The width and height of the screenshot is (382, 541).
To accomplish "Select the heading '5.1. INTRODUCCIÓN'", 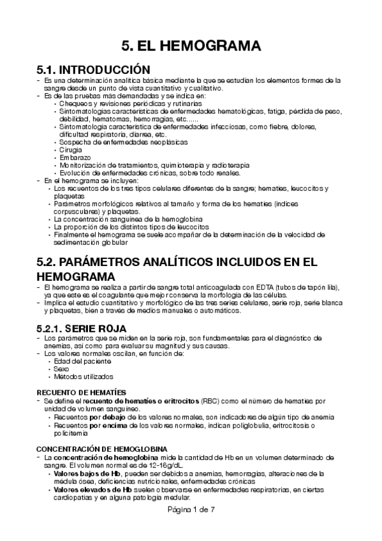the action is click(x=94, y=69).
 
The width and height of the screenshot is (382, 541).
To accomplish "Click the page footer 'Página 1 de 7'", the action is click(x=191, y=510).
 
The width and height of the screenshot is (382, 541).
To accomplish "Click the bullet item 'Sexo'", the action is click(x=63, y=369).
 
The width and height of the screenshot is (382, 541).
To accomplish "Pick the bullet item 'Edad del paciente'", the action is click(x=80, y=361).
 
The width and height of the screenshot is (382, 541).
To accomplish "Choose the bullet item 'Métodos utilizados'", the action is click(x=84, y=376).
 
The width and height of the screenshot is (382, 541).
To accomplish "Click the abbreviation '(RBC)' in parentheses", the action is click(x=210, y=401).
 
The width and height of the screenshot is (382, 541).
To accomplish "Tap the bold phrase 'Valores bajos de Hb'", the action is click(x=87, y=474).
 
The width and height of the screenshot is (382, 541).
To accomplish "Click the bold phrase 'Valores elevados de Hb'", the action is click(x=92, y=490).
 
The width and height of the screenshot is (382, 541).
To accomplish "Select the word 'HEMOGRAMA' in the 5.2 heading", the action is click(x=77, y=277).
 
